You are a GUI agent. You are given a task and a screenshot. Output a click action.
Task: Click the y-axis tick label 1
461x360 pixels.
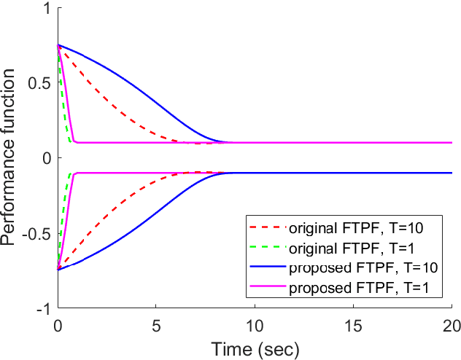pyautogui.click(x=47, y=9)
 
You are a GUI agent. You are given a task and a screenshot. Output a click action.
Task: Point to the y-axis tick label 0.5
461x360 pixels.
pyautogui.click(x=41, y=84)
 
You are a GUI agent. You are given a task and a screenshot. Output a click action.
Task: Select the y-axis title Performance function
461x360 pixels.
pyautogui.click(x=11, y=158)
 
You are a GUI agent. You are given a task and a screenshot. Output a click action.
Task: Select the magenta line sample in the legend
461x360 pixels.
pyautogui.click(x=268, y=288)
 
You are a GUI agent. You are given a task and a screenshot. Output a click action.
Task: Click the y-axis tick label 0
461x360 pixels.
pyautogui.click(x=47, y=159)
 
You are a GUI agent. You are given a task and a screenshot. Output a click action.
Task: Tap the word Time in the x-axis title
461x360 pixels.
pyautogui.click(x=228, y=348)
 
